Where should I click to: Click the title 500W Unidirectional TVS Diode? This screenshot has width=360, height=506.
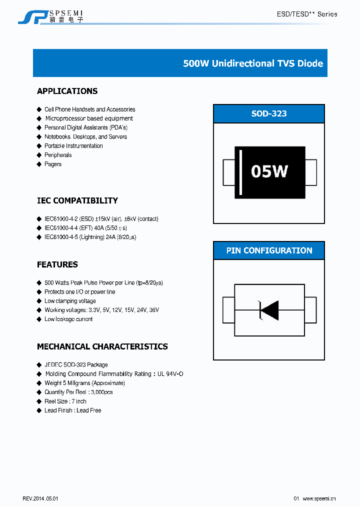(253, 63)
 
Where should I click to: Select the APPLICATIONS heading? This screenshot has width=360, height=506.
(67, 91)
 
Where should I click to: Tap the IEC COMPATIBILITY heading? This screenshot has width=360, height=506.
(77, 200)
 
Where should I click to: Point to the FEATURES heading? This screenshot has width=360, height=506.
(57, 264)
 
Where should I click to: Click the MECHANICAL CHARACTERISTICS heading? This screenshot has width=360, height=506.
(102, 346)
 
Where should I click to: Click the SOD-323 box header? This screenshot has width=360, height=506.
(269, 113)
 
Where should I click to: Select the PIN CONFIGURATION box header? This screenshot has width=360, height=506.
(269, 250)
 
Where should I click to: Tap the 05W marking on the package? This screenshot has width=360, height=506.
(269, 171)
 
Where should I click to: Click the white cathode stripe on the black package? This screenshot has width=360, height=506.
(240, 172)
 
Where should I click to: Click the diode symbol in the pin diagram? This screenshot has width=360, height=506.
(268, 310)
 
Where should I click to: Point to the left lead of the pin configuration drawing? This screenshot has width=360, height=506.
(228, 310)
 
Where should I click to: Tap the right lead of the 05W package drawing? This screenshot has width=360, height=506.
(311, 171)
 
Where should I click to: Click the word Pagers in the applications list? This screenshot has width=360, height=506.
(53, 164)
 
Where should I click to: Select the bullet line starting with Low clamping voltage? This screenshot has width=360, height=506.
(70, 301)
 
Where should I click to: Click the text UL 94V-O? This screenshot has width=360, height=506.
(170, 374)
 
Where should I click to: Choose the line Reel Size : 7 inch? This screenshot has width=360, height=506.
(65, 401)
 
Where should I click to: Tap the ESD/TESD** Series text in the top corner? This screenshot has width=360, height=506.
(307, 14)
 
